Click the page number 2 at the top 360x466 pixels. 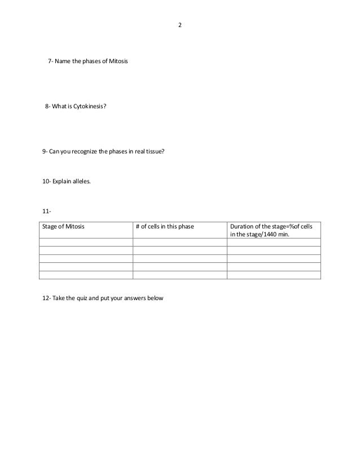pyautogui.click(x=180, y=25)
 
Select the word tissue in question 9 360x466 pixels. pyautogui.click(x=154, y=151)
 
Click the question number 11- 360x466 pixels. pyautogui.click(x=47, y=212)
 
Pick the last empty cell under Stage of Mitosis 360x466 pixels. pyautogui.click(x=86, y=275)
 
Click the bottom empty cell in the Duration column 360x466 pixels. pyautogui.click(x=274, y=275)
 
